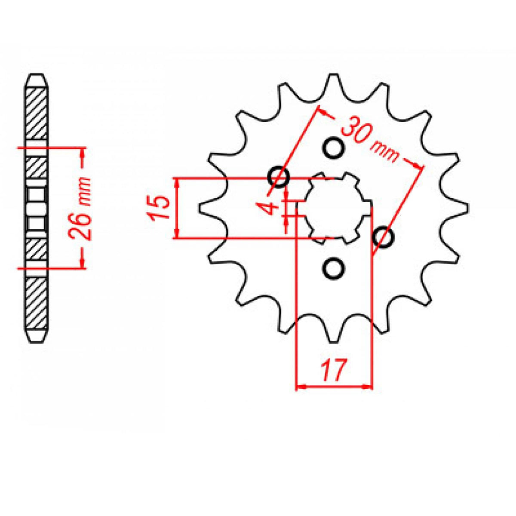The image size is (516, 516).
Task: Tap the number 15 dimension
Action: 161,208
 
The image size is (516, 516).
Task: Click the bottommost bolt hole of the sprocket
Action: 333,269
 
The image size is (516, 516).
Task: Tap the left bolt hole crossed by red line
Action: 279,177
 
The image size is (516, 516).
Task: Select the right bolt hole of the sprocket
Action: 384,236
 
